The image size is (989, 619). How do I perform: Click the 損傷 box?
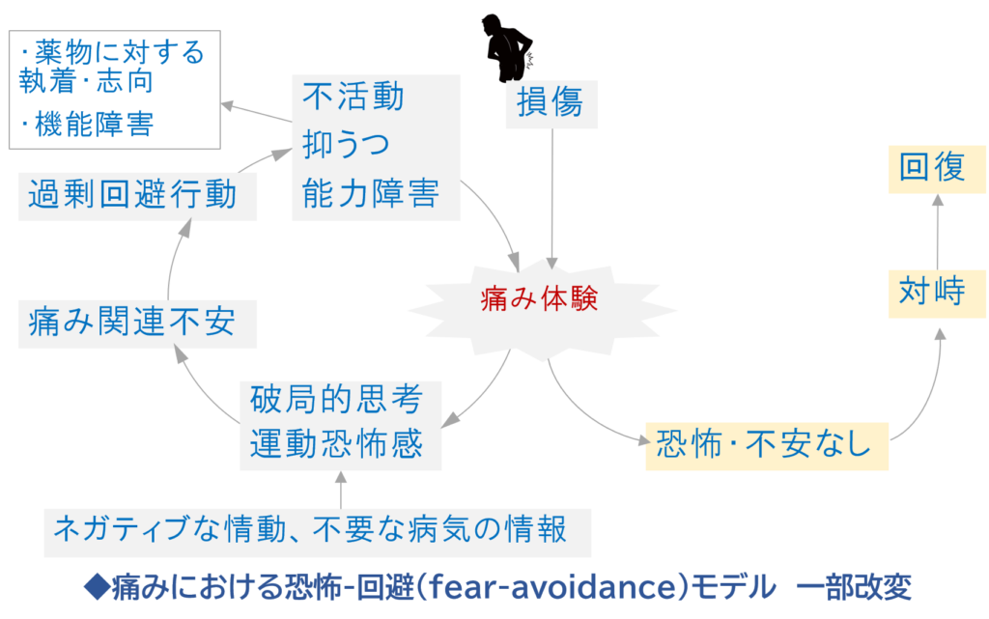[x=551, y=103]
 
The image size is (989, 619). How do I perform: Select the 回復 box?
[x=932, y=168]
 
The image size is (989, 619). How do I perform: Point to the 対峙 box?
[x=932, y=292]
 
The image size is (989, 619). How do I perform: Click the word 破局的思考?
[x=331, y=398]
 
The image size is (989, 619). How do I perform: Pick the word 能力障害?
[x=371, y=192]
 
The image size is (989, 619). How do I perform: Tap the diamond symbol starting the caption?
[x=98, y=586]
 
